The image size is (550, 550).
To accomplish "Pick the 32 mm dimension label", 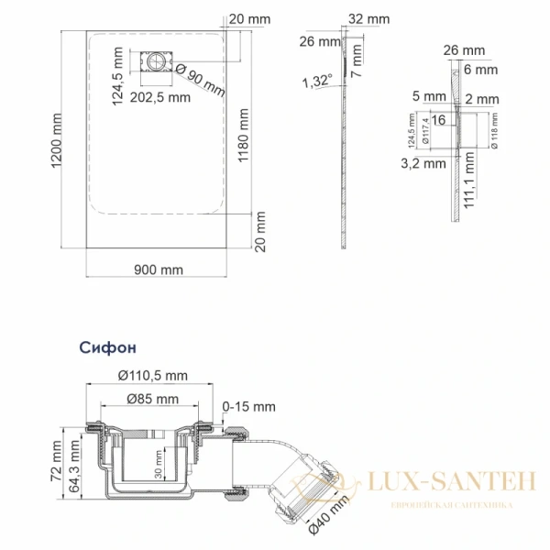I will [369, 18].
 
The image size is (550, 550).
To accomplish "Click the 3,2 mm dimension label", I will [420, 163].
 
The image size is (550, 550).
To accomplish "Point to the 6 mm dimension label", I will [480, 69].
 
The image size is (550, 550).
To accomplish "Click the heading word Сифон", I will [107, 348].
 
